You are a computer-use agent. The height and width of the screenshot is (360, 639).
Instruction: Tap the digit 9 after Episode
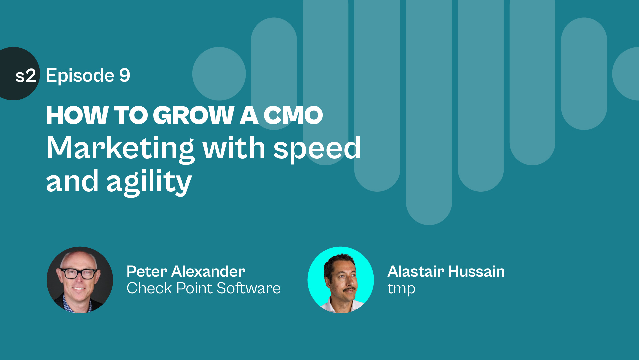click(125, 75)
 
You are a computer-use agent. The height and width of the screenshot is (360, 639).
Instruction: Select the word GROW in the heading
click(193, 115)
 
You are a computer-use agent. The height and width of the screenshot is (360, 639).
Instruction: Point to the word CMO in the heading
click(293, 115)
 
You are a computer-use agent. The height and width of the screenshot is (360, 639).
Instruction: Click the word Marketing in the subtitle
click(120, 149)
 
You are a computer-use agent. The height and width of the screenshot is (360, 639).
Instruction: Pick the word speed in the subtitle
click(317, 149)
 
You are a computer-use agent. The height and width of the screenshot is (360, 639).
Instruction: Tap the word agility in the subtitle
click(149, 182)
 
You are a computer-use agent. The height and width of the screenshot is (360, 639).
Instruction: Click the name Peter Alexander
click(186, 271)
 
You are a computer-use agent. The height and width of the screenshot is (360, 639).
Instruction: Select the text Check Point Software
click(204, 288)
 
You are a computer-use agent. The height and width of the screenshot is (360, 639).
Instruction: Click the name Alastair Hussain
click(446, 271)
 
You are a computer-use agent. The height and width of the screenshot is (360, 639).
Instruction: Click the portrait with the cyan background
click(340, 280)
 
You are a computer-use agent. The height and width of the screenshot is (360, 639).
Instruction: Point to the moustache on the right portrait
click(349, 290)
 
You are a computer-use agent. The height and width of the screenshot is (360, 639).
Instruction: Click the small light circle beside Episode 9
click(219, 74)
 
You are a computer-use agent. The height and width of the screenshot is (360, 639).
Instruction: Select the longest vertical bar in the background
click(429, 113)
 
